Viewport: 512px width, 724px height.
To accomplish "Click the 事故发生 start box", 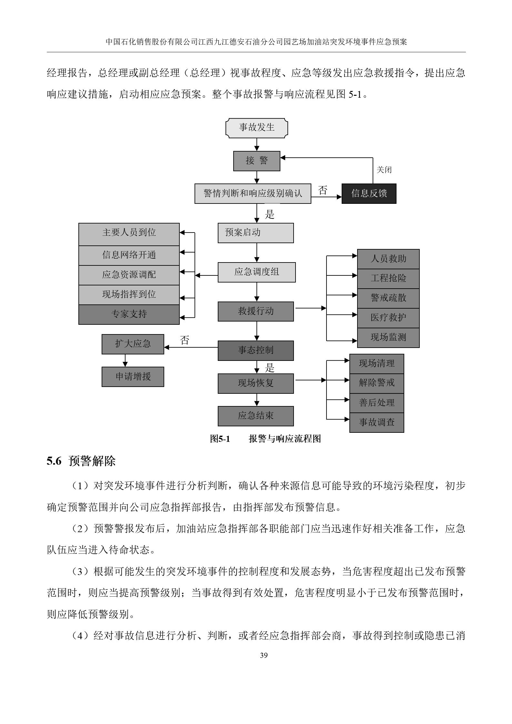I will (x=256, y=128).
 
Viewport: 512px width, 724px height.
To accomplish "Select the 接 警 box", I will (x=256, y=161).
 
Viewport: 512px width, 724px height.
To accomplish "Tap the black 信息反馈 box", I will (x=369, y=193).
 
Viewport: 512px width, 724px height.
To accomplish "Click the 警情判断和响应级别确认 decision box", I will (x=253, y=193).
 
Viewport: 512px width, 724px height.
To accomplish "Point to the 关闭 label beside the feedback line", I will (x=384, y=170).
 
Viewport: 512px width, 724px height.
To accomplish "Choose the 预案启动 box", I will (x=256, y=233).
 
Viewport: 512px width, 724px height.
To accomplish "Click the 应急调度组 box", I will (x=256, y=272).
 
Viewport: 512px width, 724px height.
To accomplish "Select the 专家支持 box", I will (x=129, y=314).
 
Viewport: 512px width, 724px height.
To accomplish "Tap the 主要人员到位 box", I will (x=129, y=233).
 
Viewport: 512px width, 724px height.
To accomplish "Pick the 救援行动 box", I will (x=256, y=312).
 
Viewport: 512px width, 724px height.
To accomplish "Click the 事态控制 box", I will (x=256, y=351).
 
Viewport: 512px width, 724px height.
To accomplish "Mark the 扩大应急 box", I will (x=133, y=344).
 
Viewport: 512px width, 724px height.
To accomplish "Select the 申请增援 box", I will (x=133, y=377).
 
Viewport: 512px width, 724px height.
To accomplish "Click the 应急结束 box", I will (x=256, y=416).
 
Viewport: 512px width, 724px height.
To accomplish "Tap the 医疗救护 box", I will (x=388, y=318).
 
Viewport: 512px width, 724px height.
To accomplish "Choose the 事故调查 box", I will (x=376, y=422).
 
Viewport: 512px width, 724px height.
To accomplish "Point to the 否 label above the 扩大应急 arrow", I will (x=185, y=341).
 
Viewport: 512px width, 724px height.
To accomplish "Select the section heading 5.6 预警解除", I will (x=81, y=461).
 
